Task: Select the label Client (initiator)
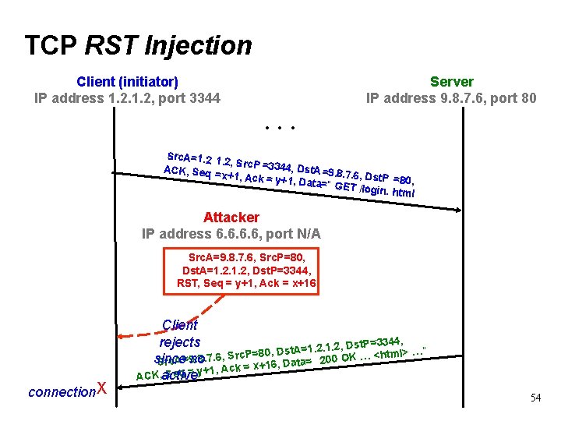tap(127, 82)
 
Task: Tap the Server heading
tap(451, 82)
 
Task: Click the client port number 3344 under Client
tap(205, 98)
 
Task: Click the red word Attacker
tap(231, 218)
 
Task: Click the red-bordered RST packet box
tap(241, 270)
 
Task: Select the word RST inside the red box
tap(188, 283)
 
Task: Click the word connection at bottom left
tap(60, 391)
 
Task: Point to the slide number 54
tap(535, 398)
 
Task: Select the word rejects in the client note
tap(180, 341)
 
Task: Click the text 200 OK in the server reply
tap(337, 358)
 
